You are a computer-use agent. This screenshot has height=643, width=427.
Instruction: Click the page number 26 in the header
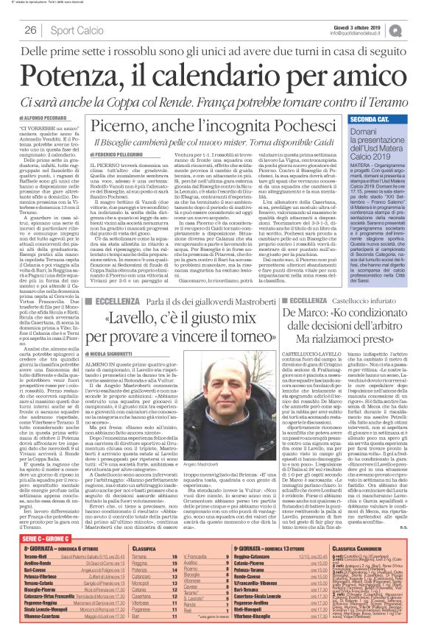30,30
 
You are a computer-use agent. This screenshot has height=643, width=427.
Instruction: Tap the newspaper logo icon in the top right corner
417,30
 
